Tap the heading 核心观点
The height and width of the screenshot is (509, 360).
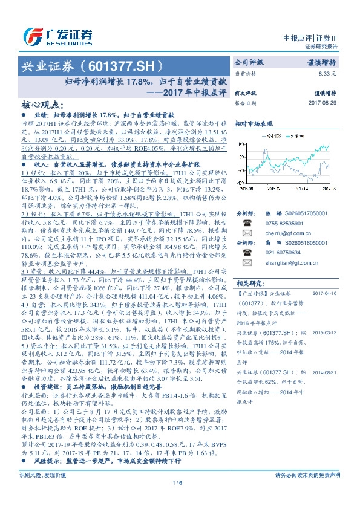tap(42, 104)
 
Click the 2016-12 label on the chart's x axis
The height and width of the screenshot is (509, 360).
tap(274, 188)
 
